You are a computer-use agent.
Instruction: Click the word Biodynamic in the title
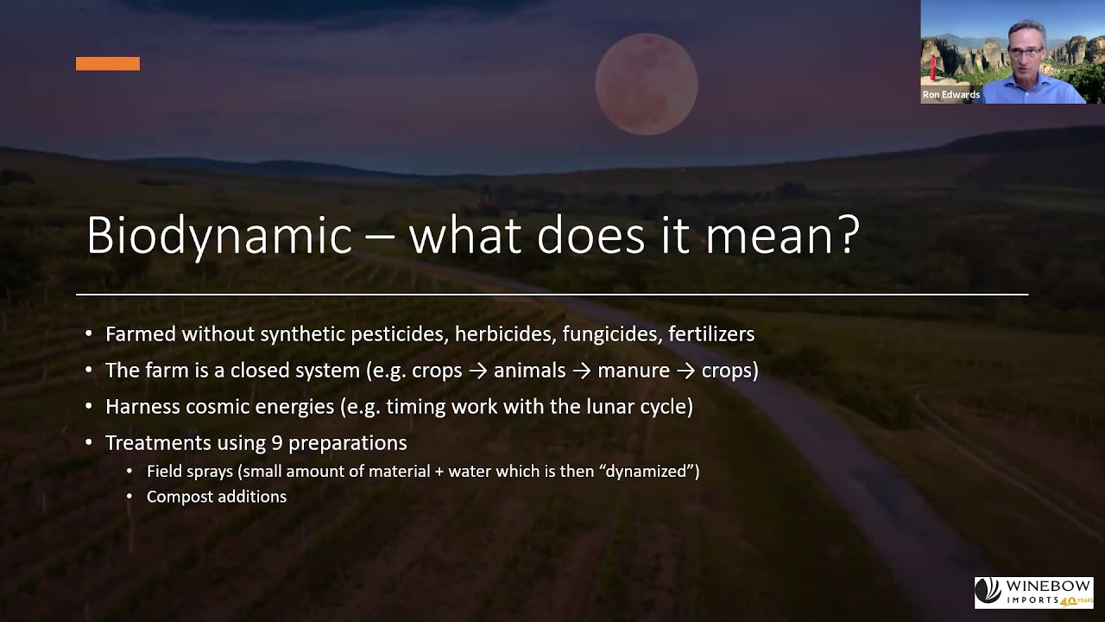pyautogui.click(x=218, y=235)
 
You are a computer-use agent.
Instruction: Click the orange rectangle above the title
pyautogui.click(x=108, y=63)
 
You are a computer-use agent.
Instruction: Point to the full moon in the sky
pyautogui.click(x=646, y=85)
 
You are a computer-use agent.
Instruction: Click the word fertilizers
pyautogui.click(x=710, y=334)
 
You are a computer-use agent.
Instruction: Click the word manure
pyautogui.click(x=634, y=371)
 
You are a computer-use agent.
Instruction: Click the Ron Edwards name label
pyautogui.click(x=951, y=95)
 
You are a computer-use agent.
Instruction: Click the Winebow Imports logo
pyautogui.click(x=1034, y=593)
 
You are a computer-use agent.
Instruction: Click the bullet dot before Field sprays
pyautogui.click(x=129, y=472)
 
